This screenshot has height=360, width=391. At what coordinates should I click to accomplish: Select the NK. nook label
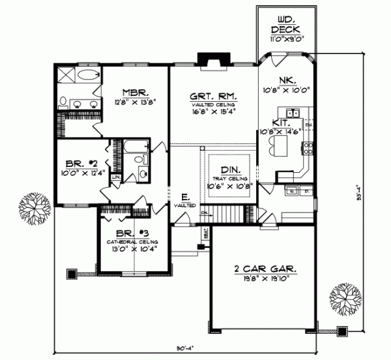(x=287, y=81)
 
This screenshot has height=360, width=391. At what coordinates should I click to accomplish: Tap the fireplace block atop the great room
(x=210, y=59)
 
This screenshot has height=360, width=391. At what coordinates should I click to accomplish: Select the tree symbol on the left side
(x=34, y=207)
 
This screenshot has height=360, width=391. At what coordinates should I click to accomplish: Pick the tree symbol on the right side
(x=345, y=299)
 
